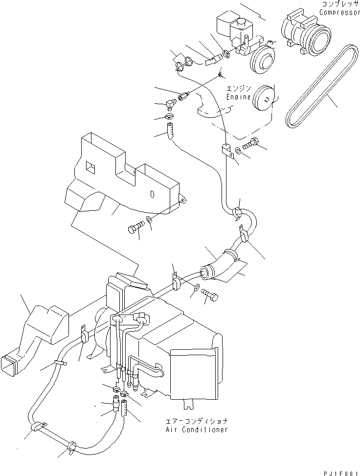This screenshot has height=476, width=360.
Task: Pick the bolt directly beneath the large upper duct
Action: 135,227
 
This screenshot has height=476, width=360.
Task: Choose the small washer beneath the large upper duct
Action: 151,225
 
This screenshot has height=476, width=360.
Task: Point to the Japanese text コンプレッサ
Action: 339,4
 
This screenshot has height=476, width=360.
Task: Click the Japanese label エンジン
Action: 238,89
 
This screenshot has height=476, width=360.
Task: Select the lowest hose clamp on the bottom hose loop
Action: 72,445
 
